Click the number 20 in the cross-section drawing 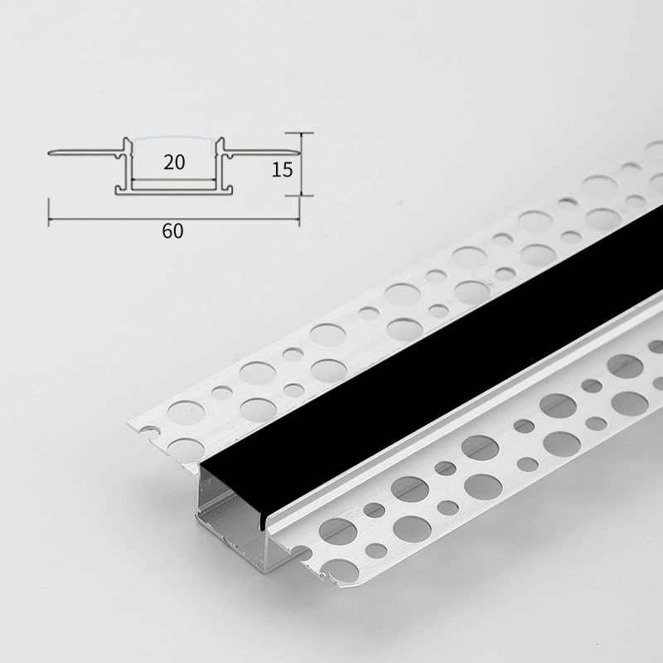pyautogui.click(x=174, y=162)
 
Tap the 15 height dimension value pyautogui.click(x=282, y=170)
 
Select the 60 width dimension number pyautogui.click(x=172, y=231)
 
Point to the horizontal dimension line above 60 pyautogui.click(x=174, y=220)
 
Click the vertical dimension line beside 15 pyautogui.click(x=300, y=164)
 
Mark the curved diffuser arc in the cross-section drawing pyautogui.click(x=174, y=138)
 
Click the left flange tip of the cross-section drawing pyautogui.click(x=50, y=152)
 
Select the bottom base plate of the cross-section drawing pyautogui.click(x=174, y=192)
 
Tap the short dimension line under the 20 pyautogui.click(x=174, y=180)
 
